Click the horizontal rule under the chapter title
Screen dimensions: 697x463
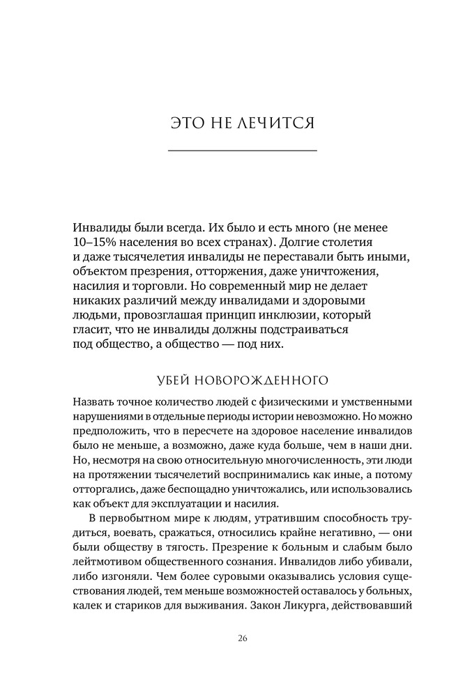[243, 151]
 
